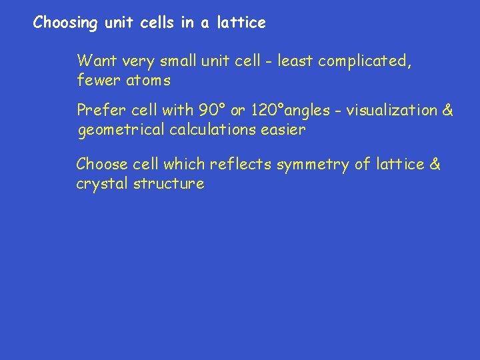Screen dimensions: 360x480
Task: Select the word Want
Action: (x=97, y=61)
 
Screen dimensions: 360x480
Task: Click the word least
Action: (x=295, y=61)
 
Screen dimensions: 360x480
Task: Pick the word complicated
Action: (x=365, y=61)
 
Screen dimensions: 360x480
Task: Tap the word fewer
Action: (x=96, y=81)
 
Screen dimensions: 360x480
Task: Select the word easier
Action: (x=283, y=130)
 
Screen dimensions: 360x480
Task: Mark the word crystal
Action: (x=102, y=184)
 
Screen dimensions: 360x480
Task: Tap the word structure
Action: (x=169, y=184)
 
